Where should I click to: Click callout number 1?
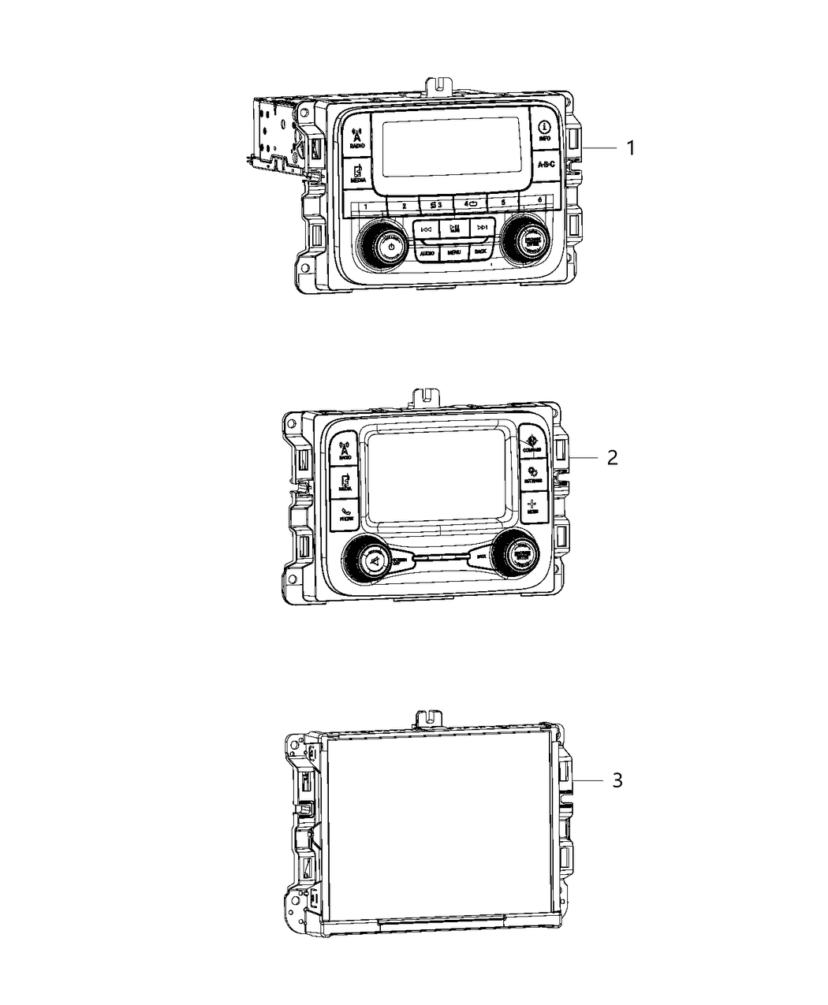629,147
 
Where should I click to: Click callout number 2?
612,457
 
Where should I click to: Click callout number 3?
617,780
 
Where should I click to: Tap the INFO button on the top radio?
544,131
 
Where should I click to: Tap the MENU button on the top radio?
453,252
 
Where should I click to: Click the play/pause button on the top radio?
454,229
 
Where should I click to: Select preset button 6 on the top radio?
539,200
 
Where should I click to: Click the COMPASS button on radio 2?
532,443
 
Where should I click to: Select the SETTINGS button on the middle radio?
533,475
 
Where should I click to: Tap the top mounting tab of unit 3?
427,717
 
